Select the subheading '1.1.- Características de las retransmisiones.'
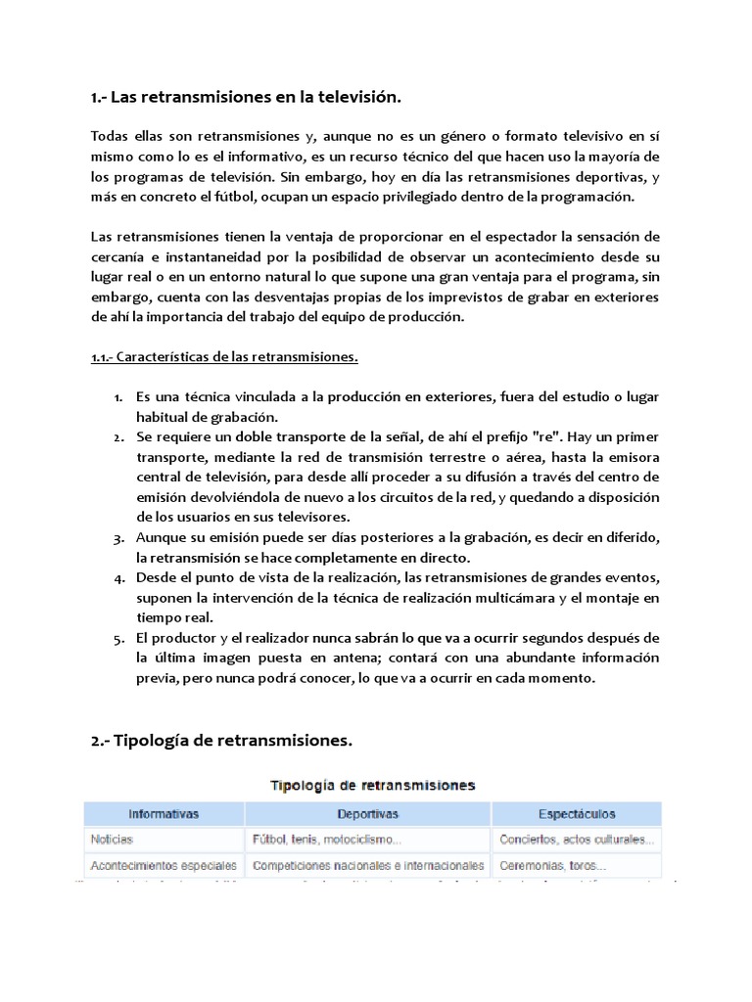tap(224, 356)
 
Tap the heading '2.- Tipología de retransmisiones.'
tap(221, 741)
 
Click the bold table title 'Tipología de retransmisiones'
tap(372, 785)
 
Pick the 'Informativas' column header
tap(164, 813)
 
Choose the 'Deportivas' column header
tap(367, 813)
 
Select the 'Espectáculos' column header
tap(577, 813)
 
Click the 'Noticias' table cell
tap(112, 840)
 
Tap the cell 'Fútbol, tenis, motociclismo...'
tap(326, 840)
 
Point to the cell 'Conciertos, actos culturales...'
tap(577, 840)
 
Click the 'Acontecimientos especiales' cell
tap(164, 866)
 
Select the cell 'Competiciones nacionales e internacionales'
tap(367, 866)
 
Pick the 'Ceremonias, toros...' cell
tap(552, 866)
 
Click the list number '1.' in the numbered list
tap(117, 396)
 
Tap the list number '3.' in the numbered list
tap(117, 538)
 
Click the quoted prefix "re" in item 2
tap(544, 436)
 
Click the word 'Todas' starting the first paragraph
tap(109, 136)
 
